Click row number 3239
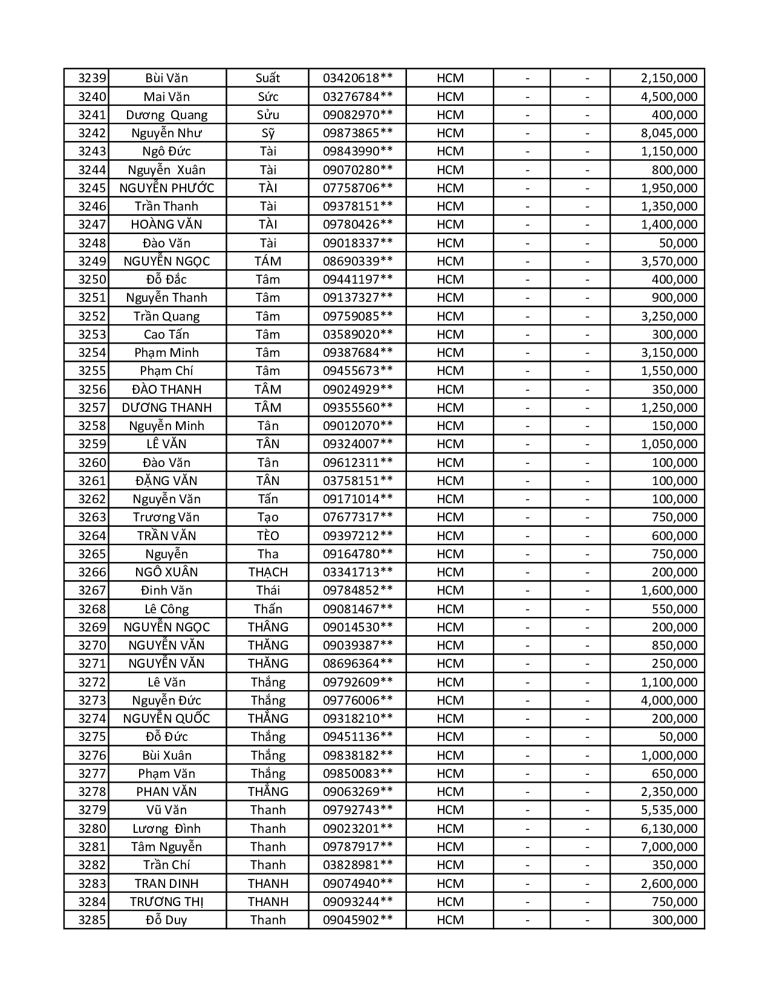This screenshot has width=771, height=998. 92,78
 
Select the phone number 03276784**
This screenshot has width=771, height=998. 357,97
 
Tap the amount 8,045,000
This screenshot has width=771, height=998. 669,133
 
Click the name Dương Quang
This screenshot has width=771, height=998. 166,115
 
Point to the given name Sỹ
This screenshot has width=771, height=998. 267,133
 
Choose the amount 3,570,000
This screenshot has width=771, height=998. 669,261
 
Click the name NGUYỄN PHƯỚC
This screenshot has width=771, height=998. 166,188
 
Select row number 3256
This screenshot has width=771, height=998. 92,390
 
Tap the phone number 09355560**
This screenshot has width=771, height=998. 357,408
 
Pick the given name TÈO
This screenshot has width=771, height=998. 267,536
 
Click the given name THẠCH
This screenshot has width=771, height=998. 267,572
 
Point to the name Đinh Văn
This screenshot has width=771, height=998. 166,590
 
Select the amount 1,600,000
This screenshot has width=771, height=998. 669,590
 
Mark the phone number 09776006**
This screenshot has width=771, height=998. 357,700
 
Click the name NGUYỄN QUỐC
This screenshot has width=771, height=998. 166,719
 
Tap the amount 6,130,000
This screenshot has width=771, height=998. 669,829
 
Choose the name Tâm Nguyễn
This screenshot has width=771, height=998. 166,847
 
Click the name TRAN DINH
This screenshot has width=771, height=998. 166,884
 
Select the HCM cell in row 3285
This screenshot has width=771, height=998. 450,920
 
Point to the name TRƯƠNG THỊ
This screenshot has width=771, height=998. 166,902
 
